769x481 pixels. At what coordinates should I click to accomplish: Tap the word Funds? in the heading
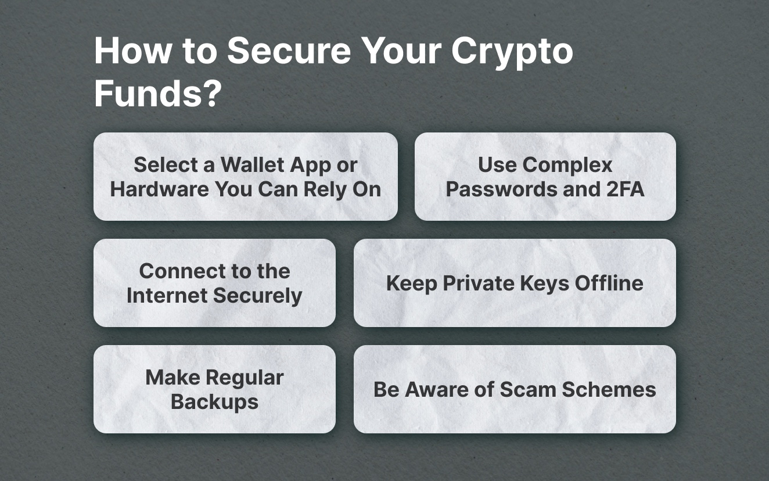157,94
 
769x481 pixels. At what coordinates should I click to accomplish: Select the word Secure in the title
289,51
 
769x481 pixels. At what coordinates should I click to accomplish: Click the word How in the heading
132,51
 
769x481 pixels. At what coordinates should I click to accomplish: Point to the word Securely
258,296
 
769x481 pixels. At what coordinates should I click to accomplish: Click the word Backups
214,402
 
